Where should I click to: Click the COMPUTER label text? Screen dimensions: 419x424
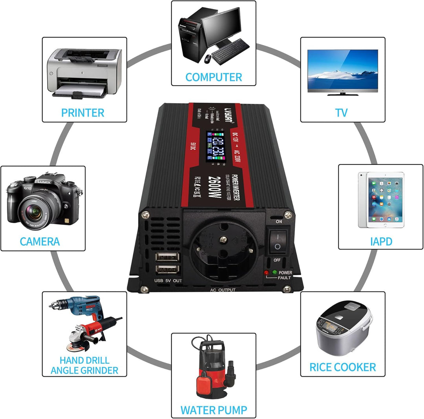pyautogui.click(x=214, y=77)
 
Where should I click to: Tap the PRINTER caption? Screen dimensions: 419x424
pyautogui.click(x=82, y=113)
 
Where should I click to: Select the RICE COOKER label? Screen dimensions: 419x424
pyautogui.click(x=342, y=367)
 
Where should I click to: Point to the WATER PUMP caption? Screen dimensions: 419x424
pyautogui.click(x=214, y=410)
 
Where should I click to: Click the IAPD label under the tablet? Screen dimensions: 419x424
pyautogui.click(x=381, y=241)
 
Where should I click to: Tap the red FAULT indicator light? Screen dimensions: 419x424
pyautogui.click(x=267, y=272)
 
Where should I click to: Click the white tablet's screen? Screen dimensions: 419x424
pyautogui.click(x=381, y=200)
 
